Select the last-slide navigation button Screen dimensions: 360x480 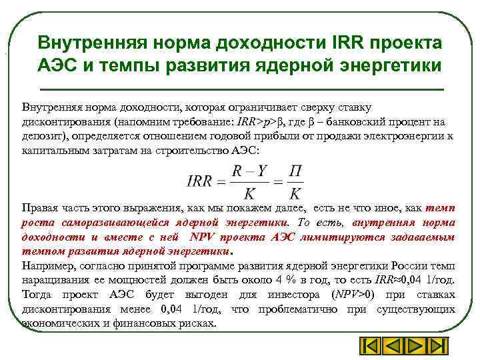click(x=438, y=347)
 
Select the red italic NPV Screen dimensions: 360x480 click(x=201, y=237)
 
